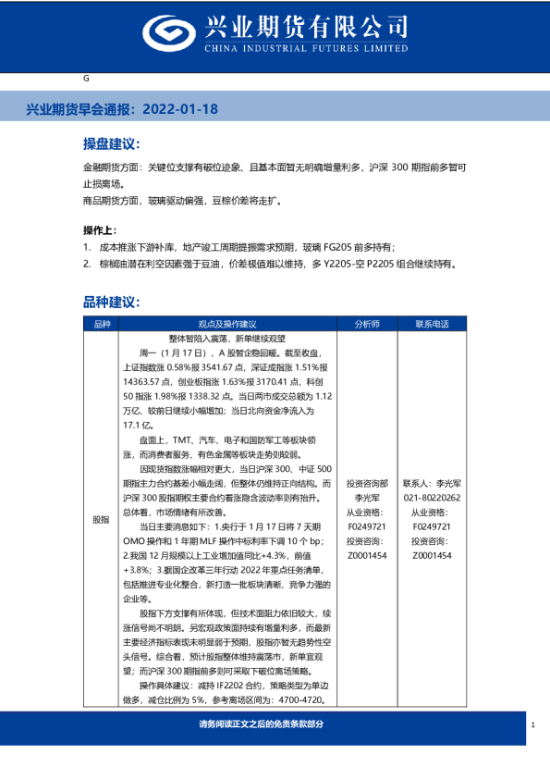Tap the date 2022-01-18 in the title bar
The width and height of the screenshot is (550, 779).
[181, 108]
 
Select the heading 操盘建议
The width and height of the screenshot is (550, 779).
[111, 145]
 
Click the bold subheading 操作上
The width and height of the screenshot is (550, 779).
[100, 229]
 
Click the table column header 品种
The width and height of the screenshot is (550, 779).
[101, 325]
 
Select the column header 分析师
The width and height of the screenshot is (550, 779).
[367, 325]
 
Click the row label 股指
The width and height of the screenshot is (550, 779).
[101, 520]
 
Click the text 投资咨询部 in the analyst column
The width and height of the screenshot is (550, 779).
[367, 484]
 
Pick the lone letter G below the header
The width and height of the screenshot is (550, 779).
[86, 79]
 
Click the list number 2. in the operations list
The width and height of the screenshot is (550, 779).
[86, 264]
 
